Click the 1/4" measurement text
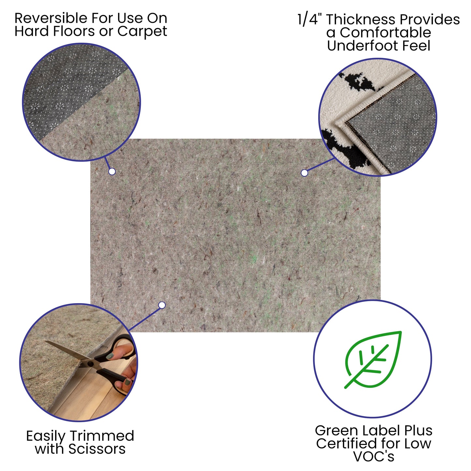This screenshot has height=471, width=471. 310,20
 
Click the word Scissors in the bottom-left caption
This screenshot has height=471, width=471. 97,449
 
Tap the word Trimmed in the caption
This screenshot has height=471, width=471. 102,436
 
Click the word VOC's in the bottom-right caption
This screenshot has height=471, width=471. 374,456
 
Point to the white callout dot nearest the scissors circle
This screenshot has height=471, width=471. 162,305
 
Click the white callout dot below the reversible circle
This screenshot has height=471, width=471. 112,171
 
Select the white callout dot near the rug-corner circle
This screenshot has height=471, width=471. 304,173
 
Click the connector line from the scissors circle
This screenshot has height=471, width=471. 145,318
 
